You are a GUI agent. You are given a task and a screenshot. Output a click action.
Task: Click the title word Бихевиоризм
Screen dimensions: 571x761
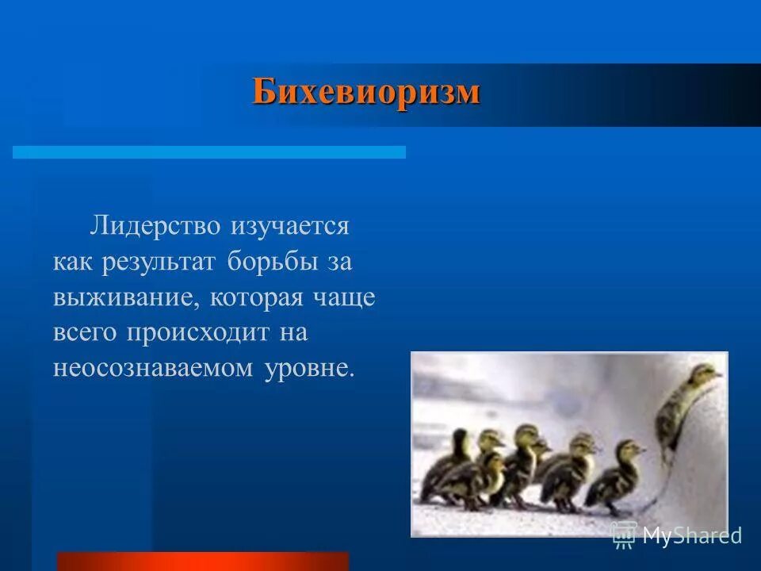pos(366,92)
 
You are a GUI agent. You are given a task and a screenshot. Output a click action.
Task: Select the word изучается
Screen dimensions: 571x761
pos(289,225)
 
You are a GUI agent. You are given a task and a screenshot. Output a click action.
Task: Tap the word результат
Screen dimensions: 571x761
pos(158,262)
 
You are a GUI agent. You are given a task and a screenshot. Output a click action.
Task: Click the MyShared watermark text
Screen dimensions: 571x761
pos(691,535)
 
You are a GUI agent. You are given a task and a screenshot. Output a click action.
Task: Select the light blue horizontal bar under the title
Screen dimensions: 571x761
pos(209,151)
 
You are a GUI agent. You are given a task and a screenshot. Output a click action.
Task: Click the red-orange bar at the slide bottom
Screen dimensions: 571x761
pos(203,561)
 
